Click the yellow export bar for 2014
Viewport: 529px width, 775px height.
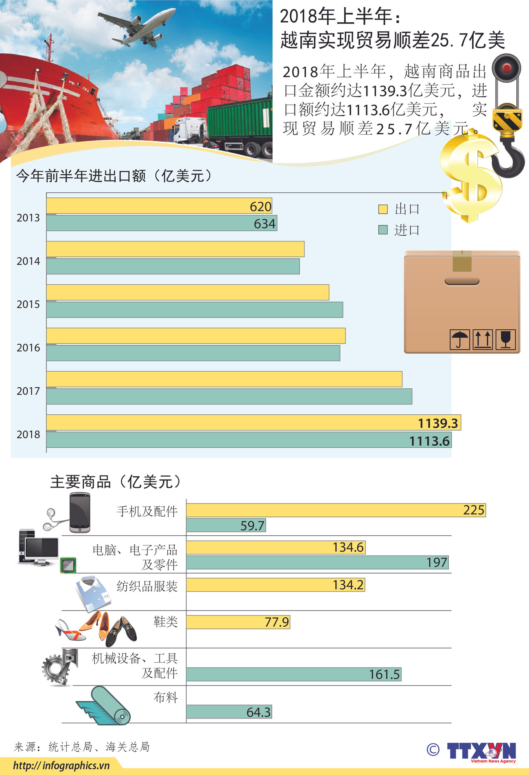click(x=175, y=249)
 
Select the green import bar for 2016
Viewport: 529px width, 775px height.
click(x=193, y=353)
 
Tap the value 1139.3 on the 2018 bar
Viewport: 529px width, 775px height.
click(x=438, y=423)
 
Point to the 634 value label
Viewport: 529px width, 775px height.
click(x=264, y=224)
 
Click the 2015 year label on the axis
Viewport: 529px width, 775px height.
click(x=28, y=304)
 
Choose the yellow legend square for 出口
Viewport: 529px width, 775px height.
click(x=383, y=209)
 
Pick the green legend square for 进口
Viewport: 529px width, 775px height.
click(x=383, y=230)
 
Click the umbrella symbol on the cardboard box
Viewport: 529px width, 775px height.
click(x=460, y=339)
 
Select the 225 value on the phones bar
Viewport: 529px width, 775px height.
click(x=474, y=510)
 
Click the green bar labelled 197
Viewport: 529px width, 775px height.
click(x=317, y=563)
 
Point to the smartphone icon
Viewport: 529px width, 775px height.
click(x=79, y=513)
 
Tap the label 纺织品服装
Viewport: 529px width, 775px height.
click(x=147, y=586)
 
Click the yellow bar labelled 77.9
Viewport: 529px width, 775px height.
click(x=238, y=622)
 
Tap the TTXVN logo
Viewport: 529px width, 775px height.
click(x=481, y=751)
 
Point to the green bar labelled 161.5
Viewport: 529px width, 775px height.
click(x=293, y=674)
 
